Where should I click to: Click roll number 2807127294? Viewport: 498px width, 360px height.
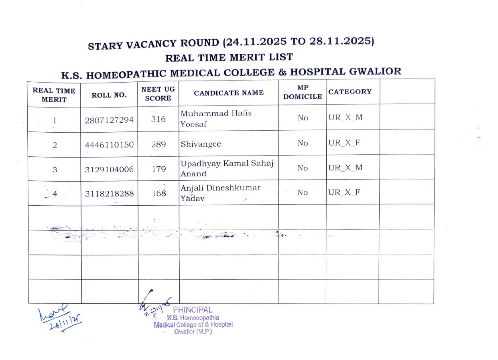tap(109, 119)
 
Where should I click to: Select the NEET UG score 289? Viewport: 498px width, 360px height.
tap(159, 144)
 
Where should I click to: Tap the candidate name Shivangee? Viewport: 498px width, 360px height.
tap(201, 144)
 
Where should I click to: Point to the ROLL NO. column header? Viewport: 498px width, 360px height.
tap(109, 95)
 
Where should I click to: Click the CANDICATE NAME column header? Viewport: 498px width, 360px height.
tap(229, 93)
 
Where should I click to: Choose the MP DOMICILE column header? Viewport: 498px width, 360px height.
tap(302, 92)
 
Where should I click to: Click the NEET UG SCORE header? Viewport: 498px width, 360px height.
tap(158, 94)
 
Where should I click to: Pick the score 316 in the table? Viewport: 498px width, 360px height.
tap(159, 119)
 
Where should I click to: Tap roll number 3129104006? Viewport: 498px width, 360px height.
tap(109, 169)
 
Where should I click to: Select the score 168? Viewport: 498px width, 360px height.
tap(159, 194)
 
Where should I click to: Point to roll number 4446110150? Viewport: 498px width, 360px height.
tap(109, 144)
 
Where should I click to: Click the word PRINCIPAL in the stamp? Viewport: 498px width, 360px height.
tap(193, 309)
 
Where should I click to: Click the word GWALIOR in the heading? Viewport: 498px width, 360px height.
tap(375, 72)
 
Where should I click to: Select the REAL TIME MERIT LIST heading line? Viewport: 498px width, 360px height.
tap(229, 57)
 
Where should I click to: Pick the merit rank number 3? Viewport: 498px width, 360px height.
tap(55, 170)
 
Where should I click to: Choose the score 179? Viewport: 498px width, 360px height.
tap(159, 169)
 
